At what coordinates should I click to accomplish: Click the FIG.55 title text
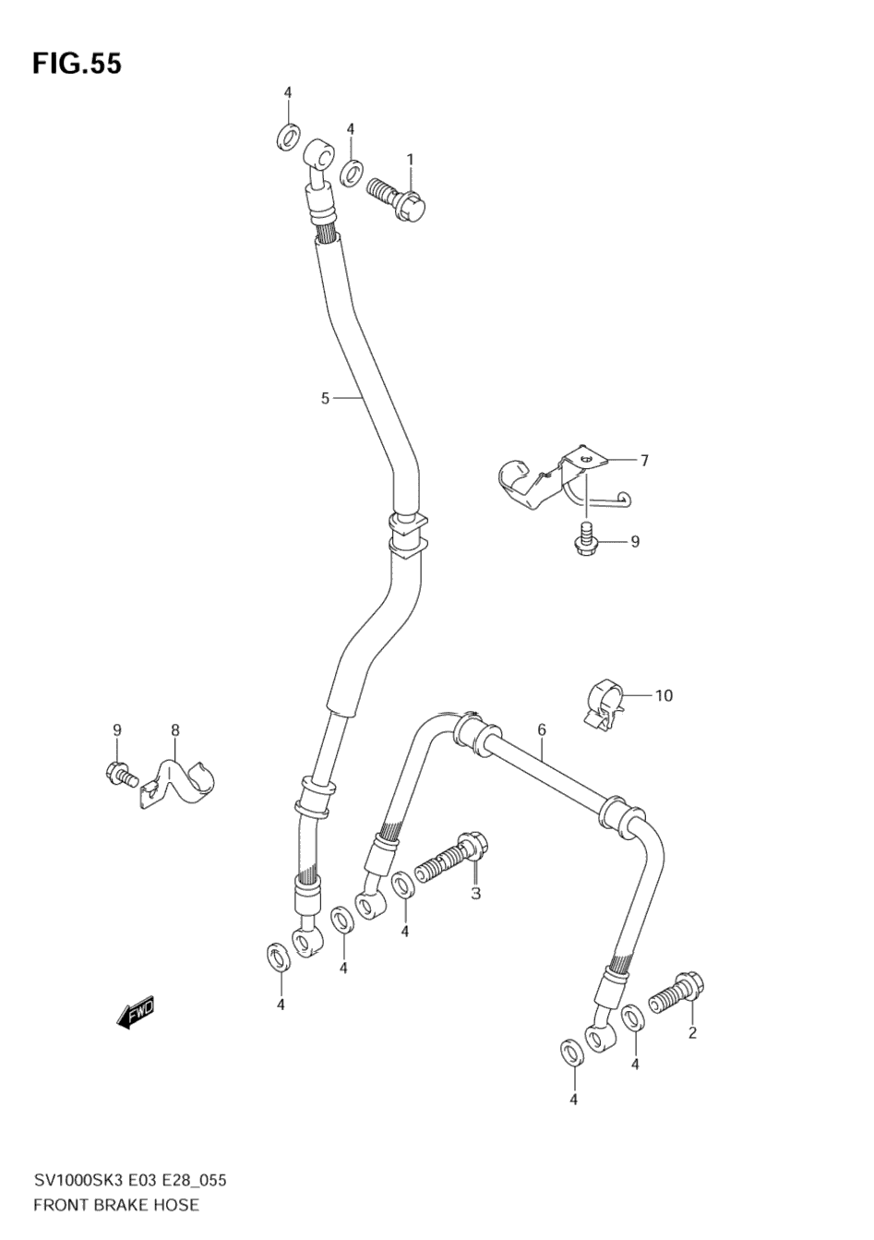(x=77, y=64)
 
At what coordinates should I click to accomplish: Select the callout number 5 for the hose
(x=325, y=398)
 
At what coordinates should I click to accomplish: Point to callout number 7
(x=644, y=460)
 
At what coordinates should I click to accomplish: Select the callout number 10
(x=664, y=694)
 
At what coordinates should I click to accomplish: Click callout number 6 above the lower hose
(x=542, y=729)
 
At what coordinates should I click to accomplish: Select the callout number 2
(x=692, y=1032)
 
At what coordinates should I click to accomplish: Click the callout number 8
(x=174, y=729)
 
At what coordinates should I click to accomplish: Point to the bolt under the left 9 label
(x=121, y=773)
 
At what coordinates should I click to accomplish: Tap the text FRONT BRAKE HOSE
(x=116, y=1204)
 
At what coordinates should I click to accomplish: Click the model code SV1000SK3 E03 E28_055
(x=130, y=1181)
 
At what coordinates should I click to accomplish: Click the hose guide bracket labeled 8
(x=185, y=782)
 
